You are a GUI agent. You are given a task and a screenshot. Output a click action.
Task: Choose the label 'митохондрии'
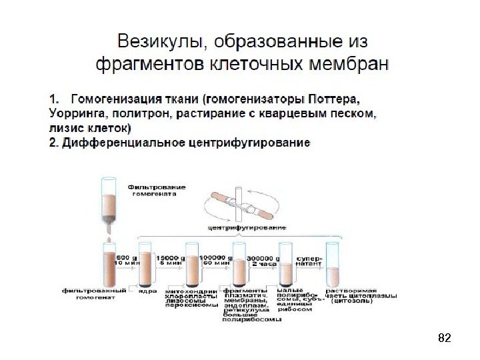pyautogui.click(x=190, y=291)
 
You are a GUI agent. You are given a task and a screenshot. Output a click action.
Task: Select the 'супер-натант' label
pyautogui.click(x=309, y=260)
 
